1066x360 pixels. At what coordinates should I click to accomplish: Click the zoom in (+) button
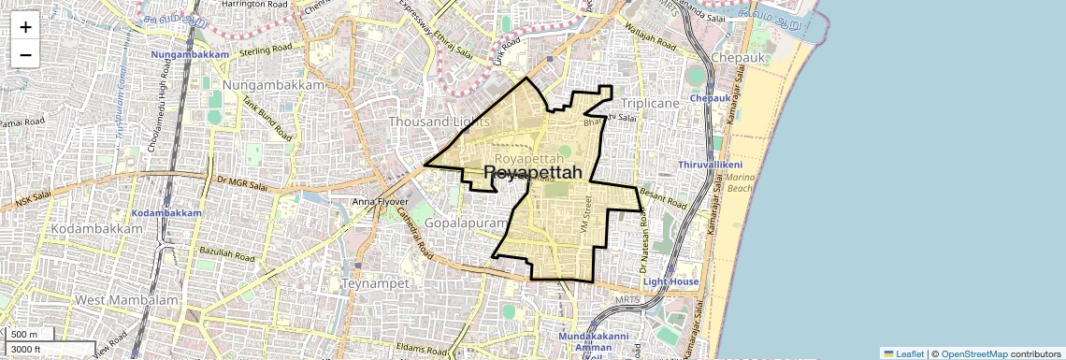[x=25, y=27]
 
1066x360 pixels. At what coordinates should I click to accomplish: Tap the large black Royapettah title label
[x=533, y=173]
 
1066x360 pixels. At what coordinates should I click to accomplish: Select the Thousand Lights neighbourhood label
[x=432, y=122]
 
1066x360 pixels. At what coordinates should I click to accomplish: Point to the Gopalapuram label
[x=465, y=224]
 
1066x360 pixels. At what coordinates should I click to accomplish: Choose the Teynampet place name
[x=371, y=281]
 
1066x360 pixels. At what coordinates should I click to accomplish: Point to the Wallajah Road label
[x=652, y=42]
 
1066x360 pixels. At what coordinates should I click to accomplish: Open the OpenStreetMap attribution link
[x=973, y=353]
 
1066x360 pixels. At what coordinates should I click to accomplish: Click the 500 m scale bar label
[x=25, y=335]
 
